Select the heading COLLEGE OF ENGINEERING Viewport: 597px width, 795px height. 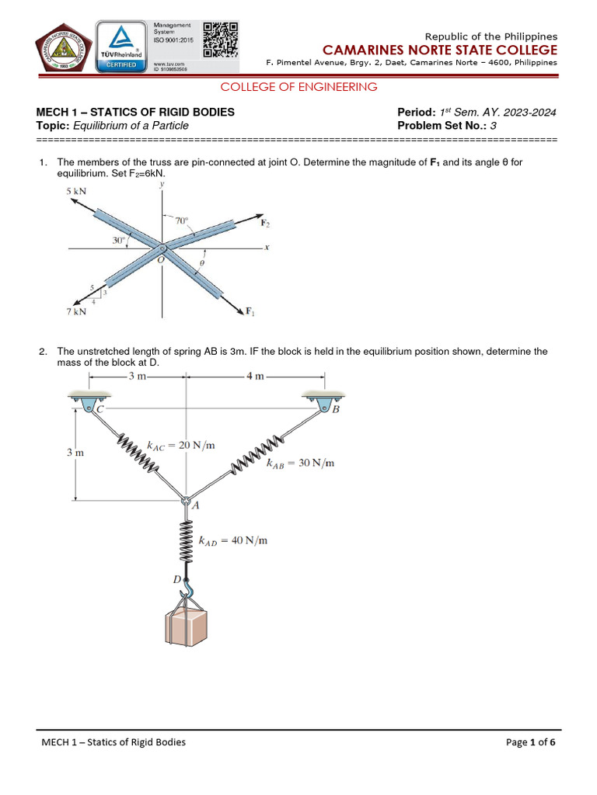299,87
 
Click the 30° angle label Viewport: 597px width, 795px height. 119,241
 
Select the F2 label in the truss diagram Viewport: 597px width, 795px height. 265,224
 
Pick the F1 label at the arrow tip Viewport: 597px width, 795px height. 251,312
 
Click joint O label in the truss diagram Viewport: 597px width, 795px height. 160,260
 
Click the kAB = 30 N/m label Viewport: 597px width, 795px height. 300,463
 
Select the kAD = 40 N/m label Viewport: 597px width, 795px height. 233,540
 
